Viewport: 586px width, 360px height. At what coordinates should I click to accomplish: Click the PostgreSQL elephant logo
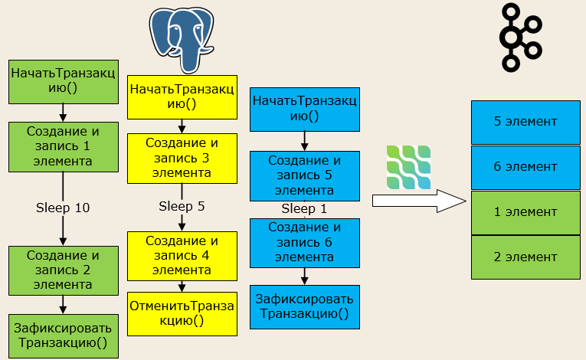click(182, 39)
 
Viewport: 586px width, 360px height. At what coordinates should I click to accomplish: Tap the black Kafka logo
click(521, 38)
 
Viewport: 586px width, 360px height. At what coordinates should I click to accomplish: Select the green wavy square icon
click(408, 167)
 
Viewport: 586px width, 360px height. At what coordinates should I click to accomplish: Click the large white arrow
click(419, 201)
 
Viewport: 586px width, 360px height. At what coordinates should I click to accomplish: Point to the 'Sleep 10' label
click(63, 208)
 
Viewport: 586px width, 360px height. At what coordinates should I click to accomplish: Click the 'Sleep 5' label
click(182, 206)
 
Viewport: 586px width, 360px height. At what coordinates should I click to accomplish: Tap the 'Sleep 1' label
click(304, 208)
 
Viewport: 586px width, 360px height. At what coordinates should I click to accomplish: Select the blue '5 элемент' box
click(525, 123)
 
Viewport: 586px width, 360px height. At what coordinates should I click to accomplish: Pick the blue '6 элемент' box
click(525, 168)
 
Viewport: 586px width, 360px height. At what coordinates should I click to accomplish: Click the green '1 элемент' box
click(525, 213)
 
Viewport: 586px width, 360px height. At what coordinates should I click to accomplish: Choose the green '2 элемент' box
click(525, 257)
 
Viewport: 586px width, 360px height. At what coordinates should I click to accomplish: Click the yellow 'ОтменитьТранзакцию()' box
click(182, 314)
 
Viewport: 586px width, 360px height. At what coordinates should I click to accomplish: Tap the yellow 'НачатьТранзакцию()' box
click(182, 97)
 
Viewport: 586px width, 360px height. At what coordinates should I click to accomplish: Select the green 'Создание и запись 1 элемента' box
click(64, 147)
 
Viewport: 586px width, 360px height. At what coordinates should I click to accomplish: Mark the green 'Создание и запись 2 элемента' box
click(64, 270)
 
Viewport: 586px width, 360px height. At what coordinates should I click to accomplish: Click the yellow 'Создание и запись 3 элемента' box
click(182, 159)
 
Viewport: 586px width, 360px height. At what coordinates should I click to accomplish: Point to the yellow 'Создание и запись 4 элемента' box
click(182, 256)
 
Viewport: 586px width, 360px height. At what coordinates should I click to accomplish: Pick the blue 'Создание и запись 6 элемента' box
click(305, 243)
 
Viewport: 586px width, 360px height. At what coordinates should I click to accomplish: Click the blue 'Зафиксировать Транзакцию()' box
click(305, 307)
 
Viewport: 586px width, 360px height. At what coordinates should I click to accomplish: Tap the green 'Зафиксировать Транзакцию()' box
click(64, 336)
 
